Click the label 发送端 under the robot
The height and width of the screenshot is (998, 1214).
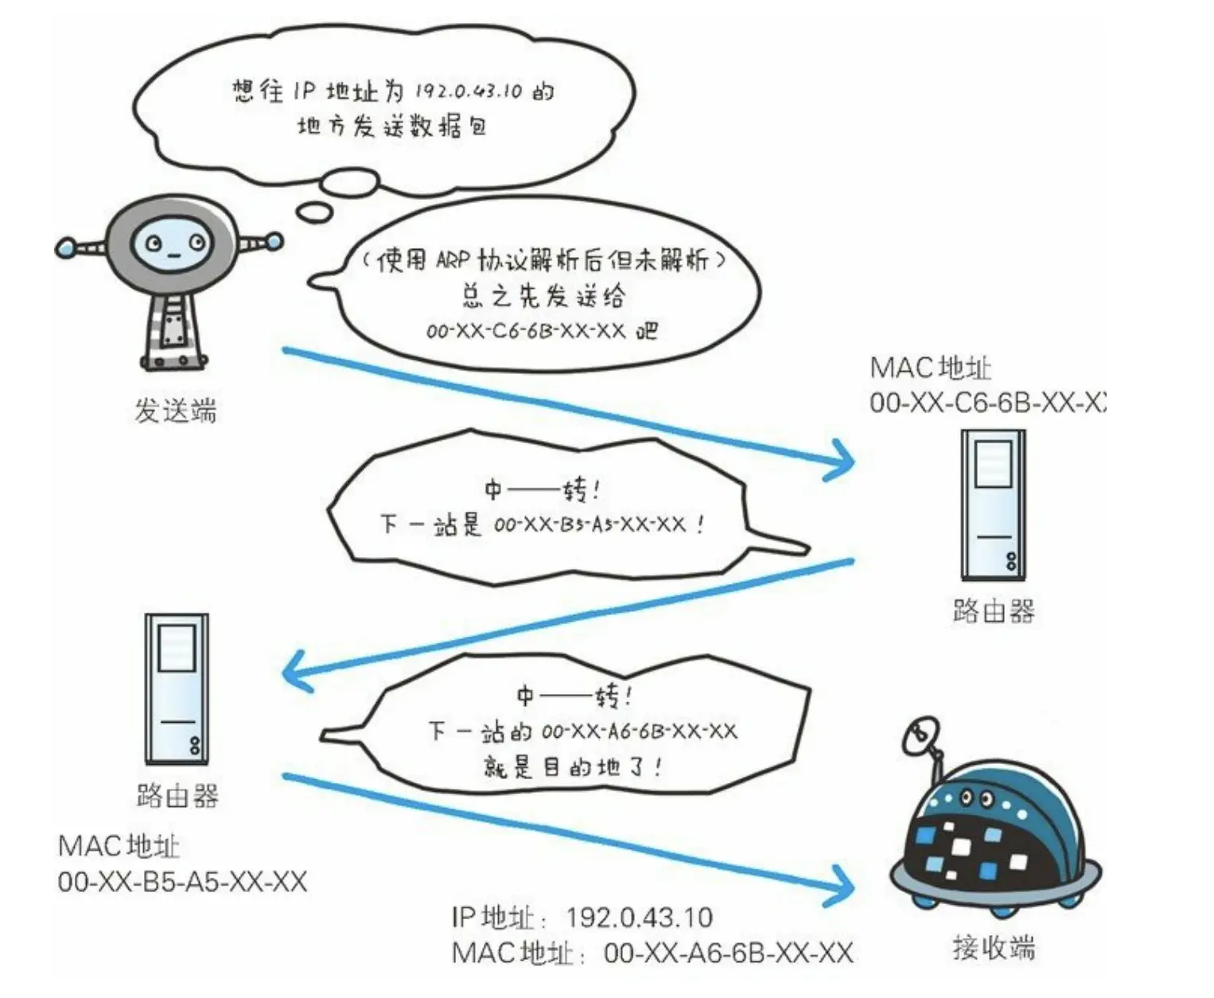tap(175, 411)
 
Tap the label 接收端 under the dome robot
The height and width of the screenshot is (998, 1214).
tap(994, 948)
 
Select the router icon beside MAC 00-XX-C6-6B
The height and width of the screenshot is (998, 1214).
tap(993, 505)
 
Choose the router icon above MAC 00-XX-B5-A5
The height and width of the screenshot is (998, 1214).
tap(176, 689)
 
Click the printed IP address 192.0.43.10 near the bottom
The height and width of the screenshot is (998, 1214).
tap(639, 918)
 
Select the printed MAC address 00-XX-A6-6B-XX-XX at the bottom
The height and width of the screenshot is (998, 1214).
tap(728, 953)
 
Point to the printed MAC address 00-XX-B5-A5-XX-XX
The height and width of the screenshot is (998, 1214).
tap(182, 882)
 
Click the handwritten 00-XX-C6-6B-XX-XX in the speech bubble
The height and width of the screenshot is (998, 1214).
tap(526, 330)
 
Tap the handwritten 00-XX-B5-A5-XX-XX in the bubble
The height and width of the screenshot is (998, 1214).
tap(589, 524)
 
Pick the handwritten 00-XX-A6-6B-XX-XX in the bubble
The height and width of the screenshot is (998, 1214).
tap(639, 731)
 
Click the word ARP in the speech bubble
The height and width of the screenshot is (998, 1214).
tap(453, 260)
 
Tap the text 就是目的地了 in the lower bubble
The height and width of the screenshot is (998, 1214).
tap(572, 766)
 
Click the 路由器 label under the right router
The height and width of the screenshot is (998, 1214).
tap(994, 611)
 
